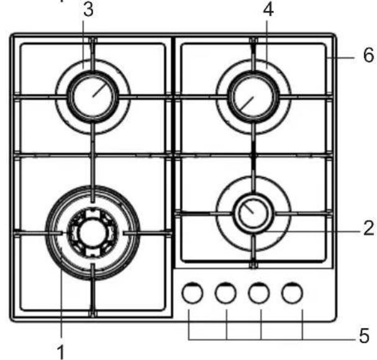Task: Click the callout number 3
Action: click(88, 11)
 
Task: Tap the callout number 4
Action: click(268, 11)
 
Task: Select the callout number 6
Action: click(368, 55)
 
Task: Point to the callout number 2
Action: click(368, 228)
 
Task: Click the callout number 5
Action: click(364, 335)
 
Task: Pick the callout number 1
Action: click(61, 352)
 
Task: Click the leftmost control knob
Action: click(193, 293)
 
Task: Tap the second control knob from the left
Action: click(225, 293)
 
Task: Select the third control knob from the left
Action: click(259, 293)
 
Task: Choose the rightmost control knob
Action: click(292, 293)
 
